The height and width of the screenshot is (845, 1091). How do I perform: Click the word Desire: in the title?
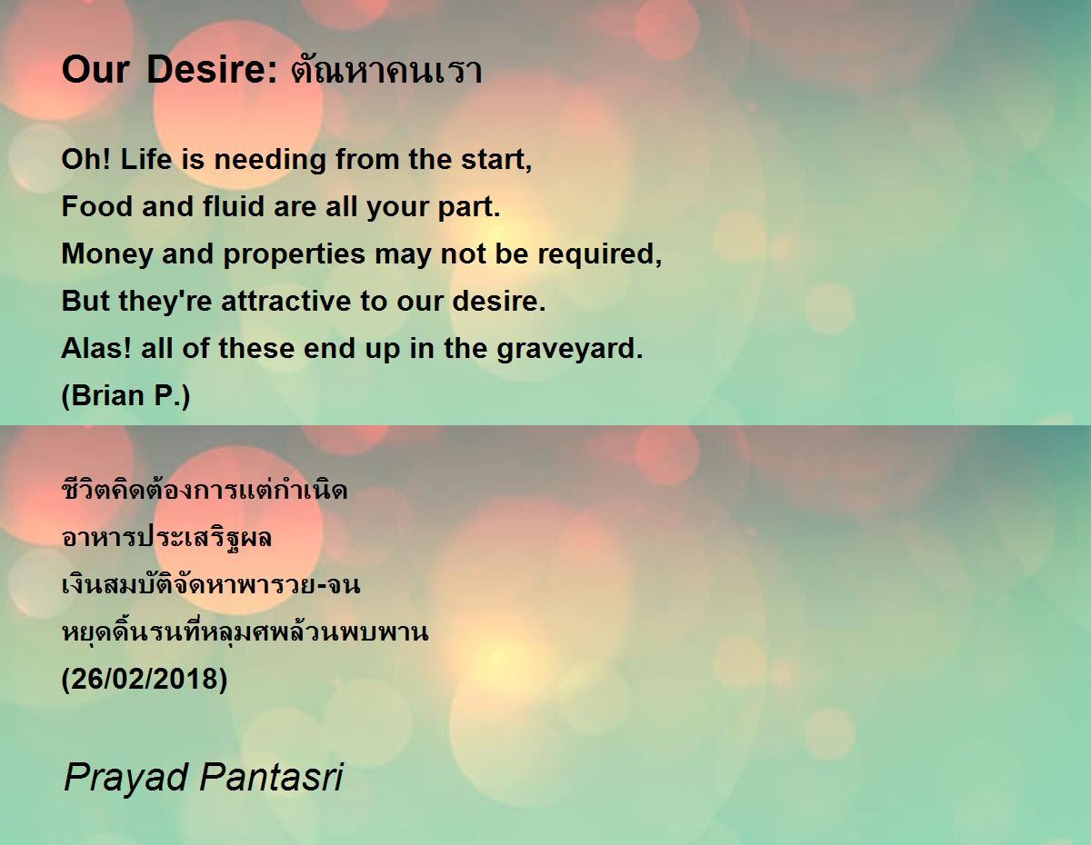tap(212, 69)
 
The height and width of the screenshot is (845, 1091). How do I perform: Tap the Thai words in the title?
tap(386, 69)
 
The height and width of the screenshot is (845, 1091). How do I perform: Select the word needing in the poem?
tap(270, 160)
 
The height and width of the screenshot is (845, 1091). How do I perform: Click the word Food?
tap(97, 206)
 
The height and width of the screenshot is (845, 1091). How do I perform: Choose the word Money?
tap(107, 254)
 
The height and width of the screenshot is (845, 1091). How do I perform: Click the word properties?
tap(295, 254)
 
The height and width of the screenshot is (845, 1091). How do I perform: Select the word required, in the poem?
tap(600, 254)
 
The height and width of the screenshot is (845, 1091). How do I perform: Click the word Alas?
tap(96, 348)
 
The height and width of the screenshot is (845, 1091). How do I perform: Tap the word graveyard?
tap(569, 349)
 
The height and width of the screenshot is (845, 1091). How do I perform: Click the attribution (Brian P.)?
tap(125, 396)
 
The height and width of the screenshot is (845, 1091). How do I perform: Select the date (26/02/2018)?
tap(144, 680)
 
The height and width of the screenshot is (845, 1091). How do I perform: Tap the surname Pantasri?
tap(271, 777)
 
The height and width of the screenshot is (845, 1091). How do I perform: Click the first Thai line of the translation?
tap(205, 489)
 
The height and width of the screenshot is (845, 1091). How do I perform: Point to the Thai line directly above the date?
tap(245, 632)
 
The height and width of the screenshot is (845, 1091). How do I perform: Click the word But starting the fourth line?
tap(85, 301)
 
